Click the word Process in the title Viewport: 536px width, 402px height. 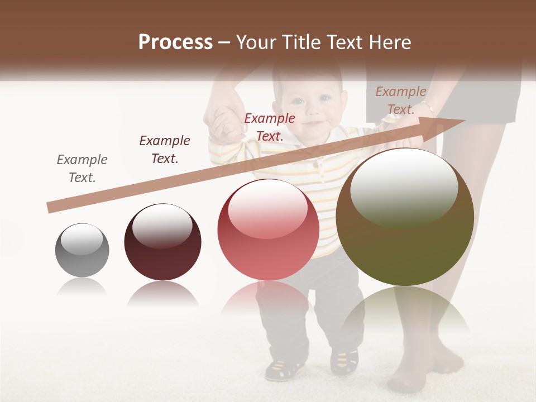pyautogui.click(x=175, y=42)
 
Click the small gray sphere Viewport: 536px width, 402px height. pyautogui.click(x=82, y=250)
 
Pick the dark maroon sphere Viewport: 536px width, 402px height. pyautogui.click(x=162, y=242)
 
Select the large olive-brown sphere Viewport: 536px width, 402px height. pyautogui.click(x=405, y=218)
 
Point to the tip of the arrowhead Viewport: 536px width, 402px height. pyautogui.click(x=465, y=120)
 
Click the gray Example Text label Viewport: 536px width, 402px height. pyautogui.click(x=82, y=169)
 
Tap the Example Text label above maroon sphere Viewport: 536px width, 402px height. pyautogui.click(x=165, y=150)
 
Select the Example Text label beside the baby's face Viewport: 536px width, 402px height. pyautogui.click(x=270, y=127)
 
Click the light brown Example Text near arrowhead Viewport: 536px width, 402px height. pyautogui.click(x=401, y=100)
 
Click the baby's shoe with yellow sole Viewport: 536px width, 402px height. pyautogui.click(x=285, y=368)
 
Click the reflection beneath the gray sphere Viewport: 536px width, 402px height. pyautogui.click(x=82, y=287)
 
